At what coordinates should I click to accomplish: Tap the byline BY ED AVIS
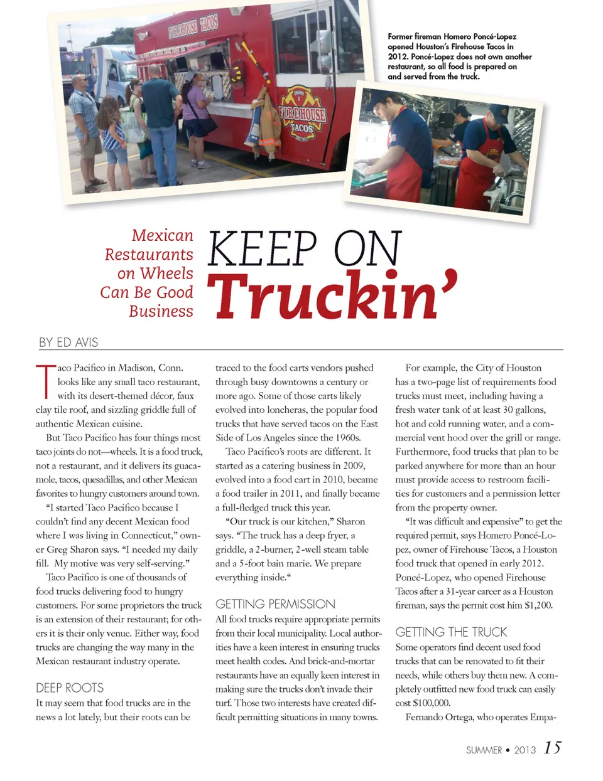tap(68, 343)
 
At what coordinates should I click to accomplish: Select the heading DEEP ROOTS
tap(70, 688)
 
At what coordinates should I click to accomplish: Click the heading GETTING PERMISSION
tap(275, 604)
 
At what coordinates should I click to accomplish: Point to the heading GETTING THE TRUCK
tap(451, 632)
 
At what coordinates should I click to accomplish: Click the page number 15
tap(553, 748)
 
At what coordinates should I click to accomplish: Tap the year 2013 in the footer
tap(524, 750)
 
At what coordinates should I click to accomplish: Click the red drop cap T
tap(45, 381)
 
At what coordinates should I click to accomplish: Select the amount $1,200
tap(538, 605)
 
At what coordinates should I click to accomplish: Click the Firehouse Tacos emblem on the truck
tap(302, 114)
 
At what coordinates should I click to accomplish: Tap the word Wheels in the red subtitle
tap(166, 274)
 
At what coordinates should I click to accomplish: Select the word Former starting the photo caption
tap(399, 36)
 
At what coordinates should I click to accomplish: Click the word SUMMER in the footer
tap(484, 750)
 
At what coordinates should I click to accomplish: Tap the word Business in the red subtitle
tap(161, 311)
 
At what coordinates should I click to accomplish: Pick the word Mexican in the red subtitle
tap(162, 235)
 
